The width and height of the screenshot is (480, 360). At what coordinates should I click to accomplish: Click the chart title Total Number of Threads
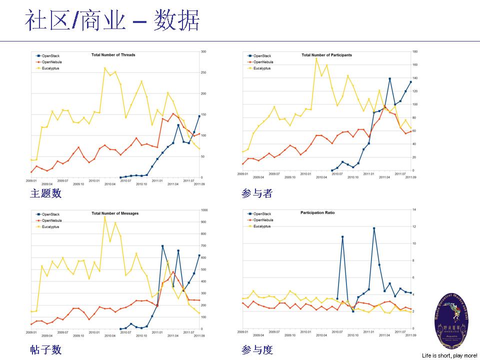click(x=113, y=55)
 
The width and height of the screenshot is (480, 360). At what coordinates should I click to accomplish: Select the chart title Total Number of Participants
click(x=326, y=55)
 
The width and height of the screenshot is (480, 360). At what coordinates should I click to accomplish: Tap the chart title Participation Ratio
click(x=317, y=213)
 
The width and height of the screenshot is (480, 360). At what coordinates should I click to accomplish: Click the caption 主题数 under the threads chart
click(x=45, y=193)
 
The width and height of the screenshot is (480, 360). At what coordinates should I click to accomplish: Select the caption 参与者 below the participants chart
click(x=257, y=193)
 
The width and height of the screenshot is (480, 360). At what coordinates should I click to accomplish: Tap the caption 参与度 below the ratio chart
click(x=257, y=350)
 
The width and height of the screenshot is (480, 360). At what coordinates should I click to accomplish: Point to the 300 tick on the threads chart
click(x=203, y=51)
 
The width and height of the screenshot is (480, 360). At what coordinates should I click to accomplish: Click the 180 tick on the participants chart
click(x=415, y=51)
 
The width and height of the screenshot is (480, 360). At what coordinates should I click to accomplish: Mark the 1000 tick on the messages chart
click(x=204, y=210)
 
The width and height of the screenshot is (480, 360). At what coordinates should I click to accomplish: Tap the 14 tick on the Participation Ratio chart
click(x=414, y=209)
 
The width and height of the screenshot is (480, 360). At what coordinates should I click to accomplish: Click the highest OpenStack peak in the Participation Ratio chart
click(x=374, y=228)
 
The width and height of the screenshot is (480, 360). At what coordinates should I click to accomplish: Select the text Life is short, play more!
click(x=449, y=355)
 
